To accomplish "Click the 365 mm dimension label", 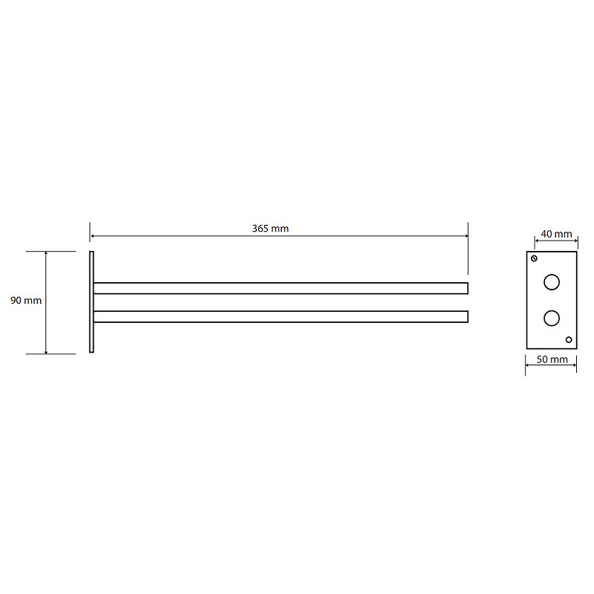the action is point(270,229).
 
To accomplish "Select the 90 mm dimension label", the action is point(26,301).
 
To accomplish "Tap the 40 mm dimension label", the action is point(556,234).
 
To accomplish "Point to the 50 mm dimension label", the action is point(552,359).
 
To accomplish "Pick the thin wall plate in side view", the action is point(91,302).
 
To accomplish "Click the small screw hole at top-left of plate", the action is point(534,258).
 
